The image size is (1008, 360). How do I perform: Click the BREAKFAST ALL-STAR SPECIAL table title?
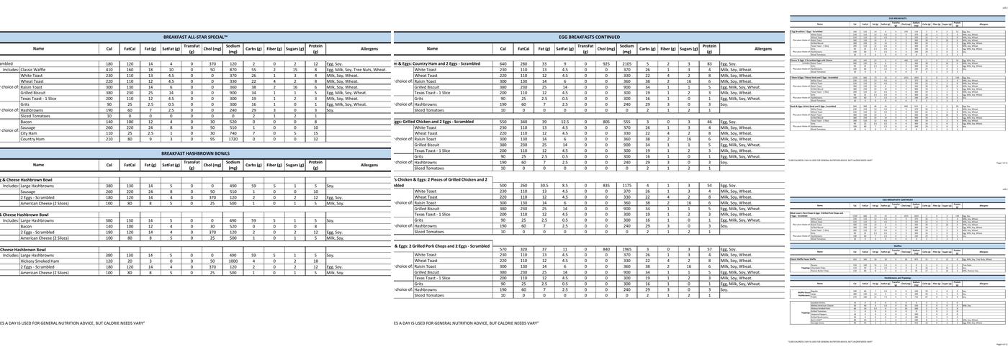pos(195,36)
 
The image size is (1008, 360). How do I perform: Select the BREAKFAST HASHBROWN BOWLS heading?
pos(195,153)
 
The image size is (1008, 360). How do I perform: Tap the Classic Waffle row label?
pos(35,70)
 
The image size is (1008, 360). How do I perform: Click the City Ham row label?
pos(29,133)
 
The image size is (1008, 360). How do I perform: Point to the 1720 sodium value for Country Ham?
pos(233,139)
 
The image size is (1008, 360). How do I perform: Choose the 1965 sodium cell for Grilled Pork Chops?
pos(626,248)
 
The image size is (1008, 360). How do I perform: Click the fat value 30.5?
pos(545,185)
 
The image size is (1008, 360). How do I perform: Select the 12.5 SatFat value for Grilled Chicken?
pos(565,122)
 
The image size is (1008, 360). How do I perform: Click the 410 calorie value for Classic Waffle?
pos(109,70)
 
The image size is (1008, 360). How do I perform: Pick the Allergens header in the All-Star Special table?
pos(369,48)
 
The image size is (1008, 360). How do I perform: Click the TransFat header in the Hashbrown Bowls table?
pos(192,165)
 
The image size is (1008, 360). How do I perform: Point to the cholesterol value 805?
pos(606,122)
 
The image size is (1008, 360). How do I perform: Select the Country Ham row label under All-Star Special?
pos(33,139)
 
